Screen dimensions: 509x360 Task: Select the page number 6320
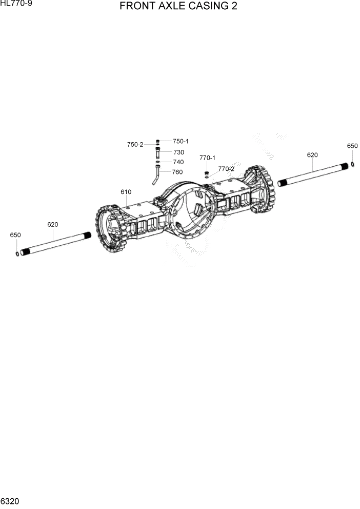[x=10, y=500]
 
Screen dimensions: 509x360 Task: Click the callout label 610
[x=126, y=192]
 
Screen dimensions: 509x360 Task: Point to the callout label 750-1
[x=181, y=141]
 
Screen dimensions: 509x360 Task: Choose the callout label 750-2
[x=135, y=145]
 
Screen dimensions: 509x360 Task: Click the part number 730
[x=178, y=152]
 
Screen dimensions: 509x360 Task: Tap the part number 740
[x=178, y=162]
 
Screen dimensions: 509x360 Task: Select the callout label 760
[x=177, y=172]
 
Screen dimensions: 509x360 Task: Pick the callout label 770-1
[x=207, y=158]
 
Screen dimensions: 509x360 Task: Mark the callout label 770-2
[x=226, y=168]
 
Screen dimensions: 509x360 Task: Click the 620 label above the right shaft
[x=312, y=155]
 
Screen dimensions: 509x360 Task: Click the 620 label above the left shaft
[x=52, y=225]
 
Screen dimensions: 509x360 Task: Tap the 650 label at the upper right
[x=352, y=146]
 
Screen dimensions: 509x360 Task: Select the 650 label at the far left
[x=15, y=235]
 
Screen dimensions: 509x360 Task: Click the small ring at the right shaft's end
[x=353, y=164]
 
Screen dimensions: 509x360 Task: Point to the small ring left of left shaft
[x=18, y=253]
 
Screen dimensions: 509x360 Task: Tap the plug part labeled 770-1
[x=207, y=172]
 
